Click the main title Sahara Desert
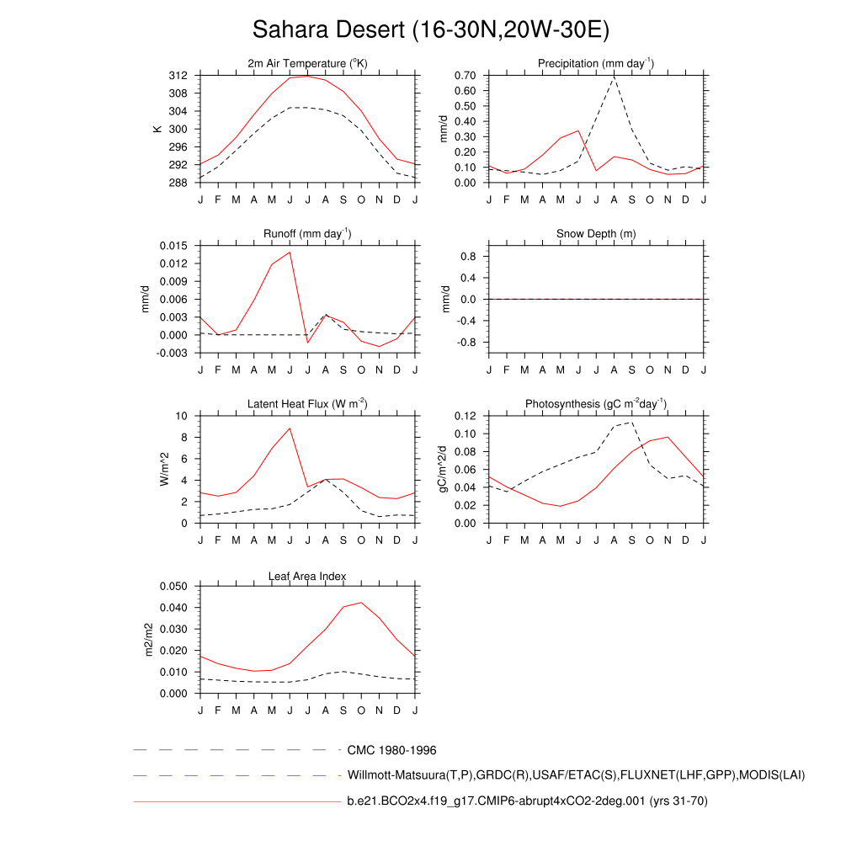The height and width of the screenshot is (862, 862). (x=430, y=30)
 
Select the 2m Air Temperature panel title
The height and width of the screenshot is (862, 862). (x=307, y=64)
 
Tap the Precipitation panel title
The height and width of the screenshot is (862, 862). (x=596, y=64)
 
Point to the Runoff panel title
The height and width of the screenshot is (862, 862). (x=307, y=234)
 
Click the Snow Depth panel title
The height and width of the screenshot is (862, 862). (x=596, y=234)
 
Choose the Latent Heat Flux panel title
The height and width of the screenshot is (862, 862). (x=307, y=404)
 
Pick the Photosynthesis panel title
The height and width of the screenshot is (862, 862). (x=596, y=404)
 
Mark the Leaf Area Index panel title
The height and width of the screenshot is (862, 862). (x=307, y=576)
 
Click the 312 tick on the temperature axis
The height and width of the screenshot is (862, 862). (x=178, y=76)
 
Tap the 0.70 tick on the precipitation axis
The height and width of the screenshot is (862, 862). (x=465, y=76)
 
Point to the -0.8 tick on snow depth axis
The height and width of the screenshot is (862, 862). (x=468, y=343)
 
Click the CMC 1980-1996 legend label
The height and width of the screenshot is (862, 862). (x=391, y=750)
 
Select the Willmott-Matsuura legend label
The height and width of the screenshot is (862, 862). (x=576, y=774)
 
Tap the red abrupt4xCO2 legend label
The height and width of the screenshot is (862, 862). (x=527, y=801)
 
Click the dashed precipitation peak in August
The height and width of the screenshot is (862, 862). (x=614, y=77)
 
